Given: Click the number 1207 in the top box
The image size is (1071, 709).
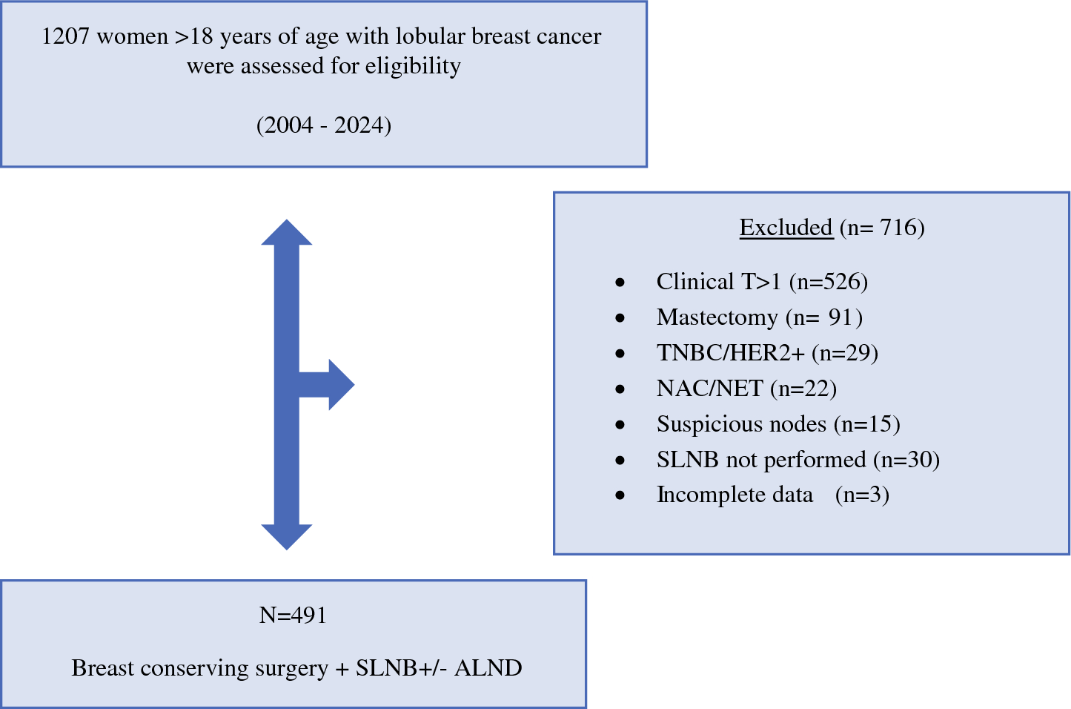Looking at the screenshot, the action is (65, 37).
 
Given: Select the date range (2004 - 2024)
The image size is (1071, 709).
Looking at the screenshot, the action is (324, 126).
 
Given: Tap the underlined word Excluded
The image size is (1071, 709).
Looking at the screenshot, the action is (786, 227).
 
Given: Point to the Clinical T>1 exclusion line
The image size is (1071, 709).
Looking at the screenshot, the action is (762, 281).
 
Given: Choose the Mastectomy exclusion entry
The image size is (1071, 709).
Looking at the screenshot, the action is (760, 317).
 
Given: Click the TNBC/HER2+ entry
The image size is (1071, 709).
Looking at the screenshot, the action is (767, 353).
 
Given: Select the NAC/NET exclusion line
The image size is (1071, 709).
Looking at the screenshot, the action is (746, 389).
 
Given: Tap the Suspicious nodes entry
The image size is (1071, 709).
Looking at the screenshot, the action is (778, 424).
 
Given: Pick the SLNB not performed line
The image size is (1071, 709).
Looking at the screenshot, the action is (798, 460).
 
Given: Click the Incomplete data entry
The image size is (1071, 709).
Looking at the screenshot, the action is (772, 495).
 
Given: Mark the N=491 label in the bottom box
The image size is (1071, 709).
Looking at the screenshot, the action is (293, 616).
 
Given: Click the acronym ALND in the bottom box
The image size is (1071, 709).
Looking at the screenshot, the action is (488, 668).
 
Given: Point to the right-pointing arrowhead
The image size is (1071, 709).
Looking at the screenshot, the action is (342, 385).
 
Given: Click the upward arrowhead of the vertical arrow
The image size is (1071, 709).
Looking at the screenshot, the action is (286, 232).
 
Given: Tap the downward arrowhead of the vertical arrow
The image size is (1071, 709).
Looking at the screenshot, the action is (286, 537).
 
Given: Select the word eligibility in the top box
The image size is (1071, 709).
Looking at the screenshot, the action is (413, 67).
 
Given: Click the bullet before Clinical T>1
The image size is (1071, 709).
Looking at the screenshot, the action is (620, 283).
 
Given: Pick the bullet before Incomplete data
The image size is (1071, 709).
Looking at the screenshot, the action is (620, 495).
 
